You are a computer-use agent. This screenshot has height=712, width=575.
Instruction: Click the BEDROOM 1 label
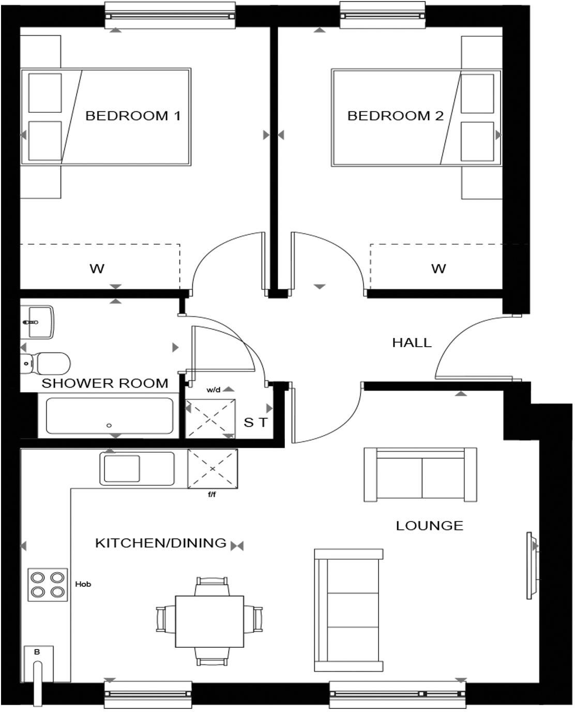coord(133,116)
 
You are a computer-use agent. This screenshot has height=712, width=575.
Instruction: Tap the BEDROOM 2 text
coord(396,116)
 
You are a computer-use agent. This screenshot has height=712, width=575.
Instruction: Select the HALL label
coord(412,343)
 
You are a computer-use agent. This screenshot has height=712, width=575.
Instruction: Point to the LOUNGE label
coord(429,526)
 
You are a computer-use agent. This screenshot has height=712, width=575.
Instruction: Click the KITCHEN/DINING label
coord(161,543)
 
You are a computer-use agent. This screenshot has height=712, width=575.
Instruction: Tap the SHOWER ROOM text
coord(105,383)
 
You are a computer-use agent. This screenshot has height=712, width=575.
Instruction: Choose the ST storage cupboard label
coord(256,423)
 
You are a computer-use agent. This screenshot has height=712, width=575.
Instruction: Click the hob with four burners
coord(48,585)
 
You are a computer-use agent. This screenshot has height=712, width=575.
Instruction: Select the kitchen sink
coord(137,468)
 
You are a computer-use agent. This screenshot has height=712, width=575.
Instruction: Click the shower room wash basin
coord(37,322)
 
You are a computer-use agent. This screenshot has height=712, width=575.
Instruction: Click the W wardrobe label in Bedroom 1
coord(97,269)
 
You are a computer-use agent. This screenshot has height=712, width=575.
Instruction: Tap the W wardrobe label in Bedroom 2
coord(438,269)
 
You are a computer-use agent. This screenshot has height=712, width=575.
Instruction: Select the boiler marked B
coord(38,664)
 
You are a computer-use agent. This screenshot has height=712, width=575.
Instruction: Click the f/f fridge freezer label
coord(211,494)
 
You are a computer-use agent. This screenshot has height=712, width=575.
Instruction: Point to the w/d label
coord(214,390)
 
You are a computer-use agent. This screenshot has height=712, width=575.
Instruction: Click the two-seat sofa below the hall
coord(420,474)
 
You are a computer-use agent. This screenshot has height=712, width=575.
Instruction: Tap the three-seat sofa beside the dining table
coord(349,610)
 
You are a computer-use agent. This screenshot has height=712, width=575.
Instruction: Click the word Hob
coord(83,584)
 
